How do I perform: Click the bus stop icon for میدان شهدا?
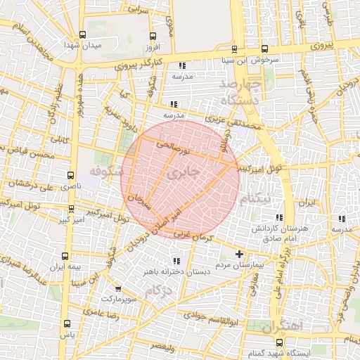click(83, 34)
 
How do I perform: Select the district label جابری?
click(184, 171)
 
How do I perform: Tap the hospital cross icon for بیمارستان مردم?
click(239, 254)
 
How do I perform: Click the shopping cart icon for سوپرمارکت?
click(117, 288)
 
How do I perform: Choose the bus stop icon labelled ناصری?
click(70, 174)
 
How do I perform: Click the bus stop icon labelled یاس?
click(67, 324)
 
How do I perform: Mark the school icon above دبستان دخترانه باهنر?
click(167, 262)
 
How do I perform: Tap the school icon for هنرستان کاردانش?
click(279, 218)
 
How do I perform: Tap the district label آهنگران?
click(281, 326)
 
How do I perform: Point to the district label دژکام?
click(160, 290)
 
